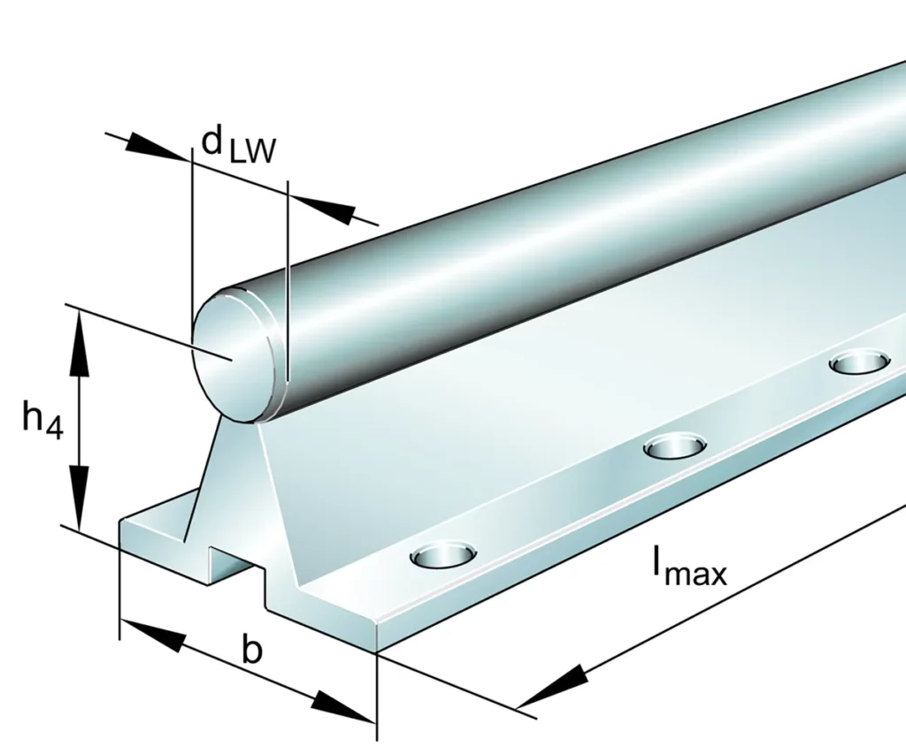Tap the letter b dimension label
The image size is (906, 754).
tap(252, 651)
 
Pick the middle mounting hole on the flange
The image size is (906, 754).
tap(674, 446)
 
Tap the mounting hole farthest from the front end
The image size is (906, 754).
tap(860, 362)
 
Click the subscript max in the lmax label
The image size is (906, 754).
tap(695, 575)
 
